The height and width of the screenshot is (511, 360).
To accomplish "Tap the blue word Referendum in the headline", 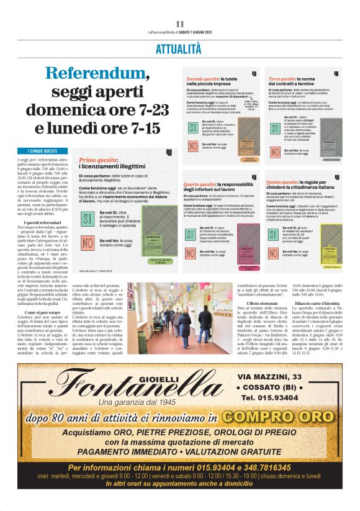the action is (96, 74).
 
